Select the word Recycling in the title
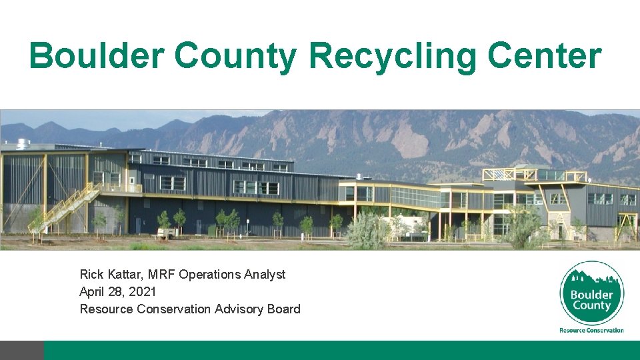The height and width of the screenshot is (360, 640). point(393,55)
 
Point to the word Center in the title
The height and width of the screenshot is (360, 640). point(544,55)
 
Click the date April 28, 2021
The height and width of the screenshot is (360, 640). point(118,291)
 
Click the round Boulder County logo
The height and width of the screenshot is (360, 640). point(591,293)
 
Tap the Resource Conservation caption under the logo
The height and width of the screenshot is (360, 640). point(591,330)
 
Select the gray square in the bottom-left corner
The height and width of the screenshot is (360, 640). point(21,350)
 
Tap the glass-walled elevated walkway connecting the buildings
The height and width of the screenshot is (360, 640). point(413,197)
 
